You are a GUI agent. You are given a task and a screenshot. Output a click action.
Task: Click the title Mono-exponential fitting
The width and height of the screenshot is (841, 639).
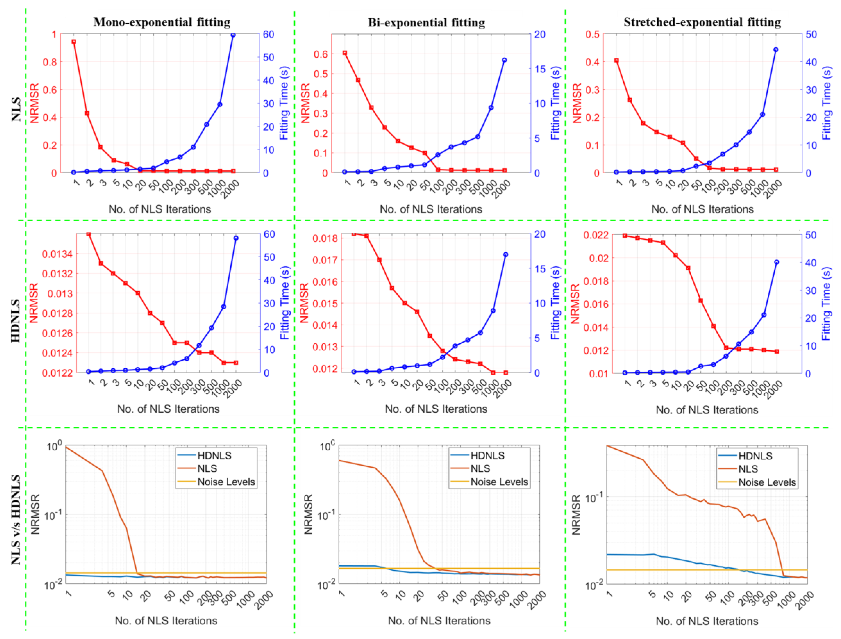coord(162,22)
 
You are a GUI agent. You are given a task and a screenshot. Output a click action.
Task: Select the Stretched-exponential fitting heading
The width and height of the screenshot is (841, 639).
coord(702,22)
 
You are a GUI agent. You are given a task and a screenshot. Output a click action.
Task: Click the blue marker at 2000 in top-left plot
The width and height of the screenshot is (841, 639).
coord(233,35)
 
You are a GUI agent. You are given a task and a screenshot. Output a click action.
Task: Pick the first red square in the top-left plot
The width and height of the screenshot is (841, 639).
coord(74,41)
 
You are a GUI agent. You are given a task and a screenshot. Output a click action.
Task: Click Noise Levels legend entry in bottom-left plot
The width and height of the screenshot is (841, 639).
coord(226,482)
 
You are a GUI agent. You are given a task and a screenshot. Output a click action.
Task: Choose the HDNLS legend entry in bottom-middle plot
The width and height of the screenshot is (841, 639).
coord(487,456)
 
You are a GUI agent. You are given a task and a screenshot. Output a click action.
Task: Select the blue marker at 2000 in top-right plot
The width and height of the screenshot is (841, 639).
coord(776,50)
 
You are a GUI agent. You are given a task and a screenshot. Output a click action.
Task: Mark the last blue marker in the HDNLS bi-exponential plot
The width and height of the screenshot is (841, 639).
coord(506,255)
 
